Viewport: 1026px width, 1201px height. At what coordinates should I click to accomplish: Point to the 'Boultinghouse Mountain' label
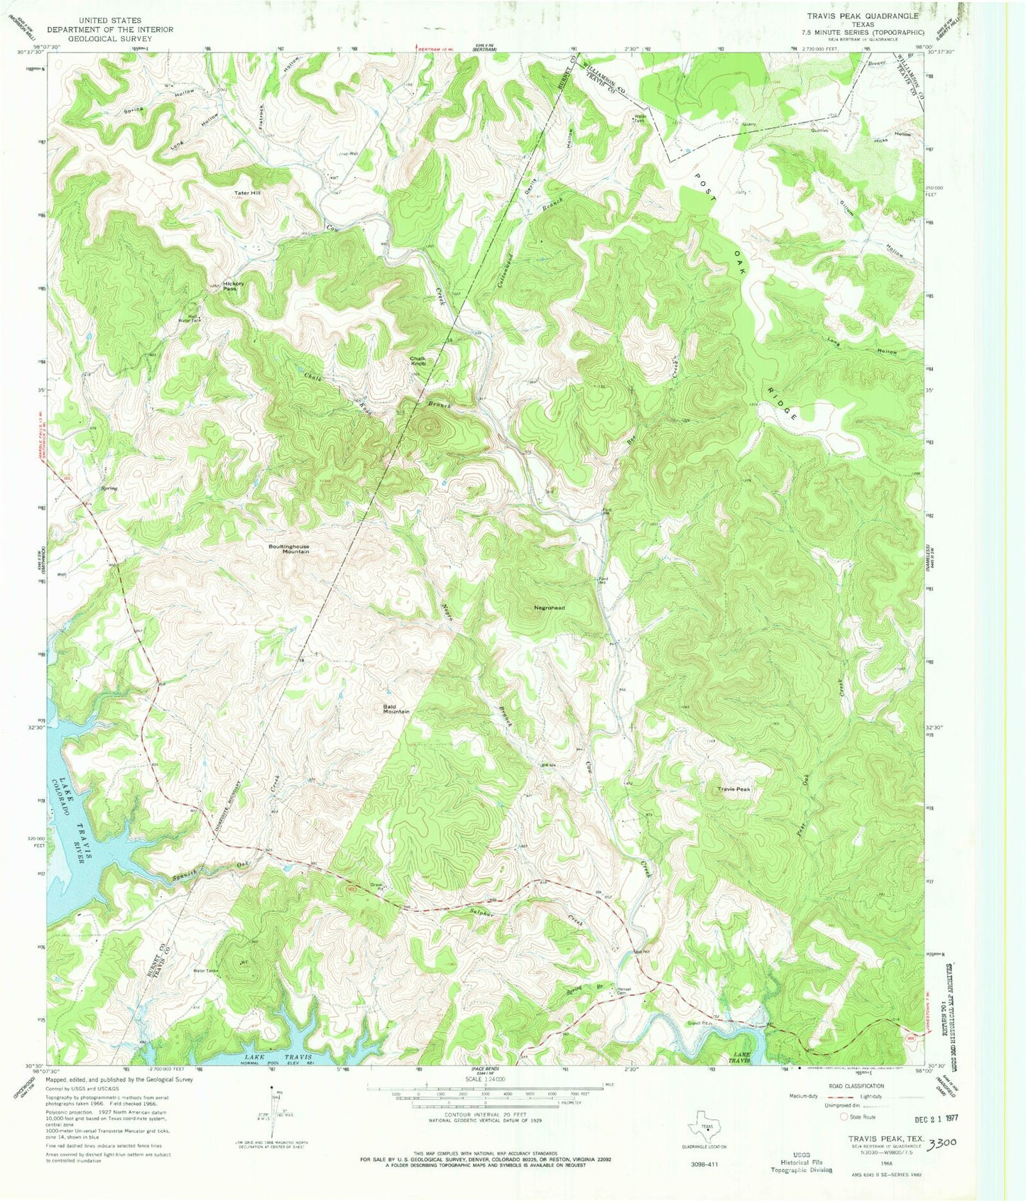click(288, 549)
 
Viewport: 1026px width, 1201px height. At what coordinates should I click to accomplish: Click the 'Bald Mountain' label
click(396, 708)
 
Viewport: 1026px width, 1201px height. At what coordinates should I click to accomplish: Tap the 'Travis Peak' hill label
click(733, 789)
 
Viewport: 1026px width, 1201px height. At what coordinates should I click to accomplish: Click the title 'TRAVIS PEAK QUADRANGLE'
click(862, 15)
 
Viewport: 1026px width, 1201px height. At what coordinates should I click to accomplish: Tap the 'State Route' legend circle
click(844, 1117)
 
